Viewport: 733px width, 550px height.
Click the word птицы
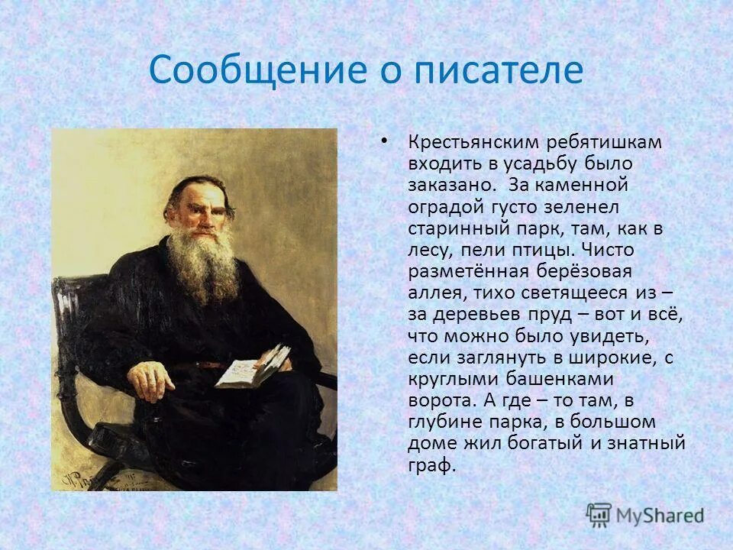point(548,250)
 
